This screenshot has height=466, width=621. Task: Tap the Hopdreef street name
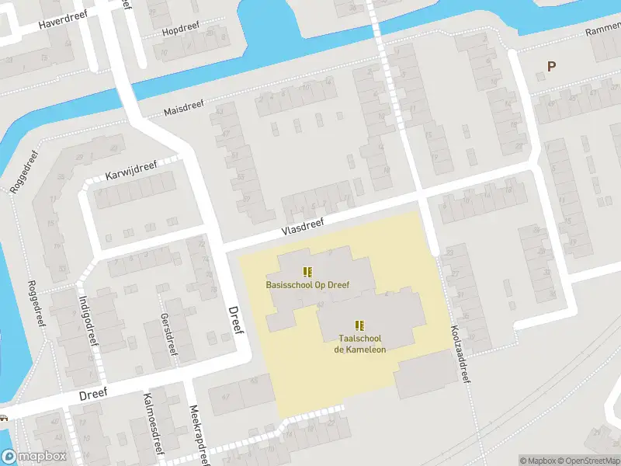(x=180, y=31)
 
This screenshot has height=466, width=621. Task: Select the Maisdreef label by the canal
(x=186, y=110)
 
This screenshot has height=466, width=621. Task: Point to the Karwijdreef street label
(x=131, y=168)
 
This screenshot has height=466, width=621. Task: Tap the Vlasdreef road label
(x=302, y=226)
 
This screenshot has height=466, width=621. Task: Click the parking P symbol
(x=551, y=67)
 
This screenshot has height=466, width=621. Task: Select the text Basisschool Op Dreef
(x=308, y=285)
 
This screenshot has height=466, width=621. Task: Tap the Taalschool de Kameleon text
(x=360, y=344)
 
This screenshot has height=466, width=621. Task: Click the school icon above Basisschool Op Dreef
(x=308, y=271)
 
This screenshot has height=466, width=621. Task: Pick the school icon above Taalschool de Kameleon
(x=359, y=325)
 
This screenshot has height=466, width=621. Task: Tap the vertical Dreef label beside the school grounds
(x=236, y=321)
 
